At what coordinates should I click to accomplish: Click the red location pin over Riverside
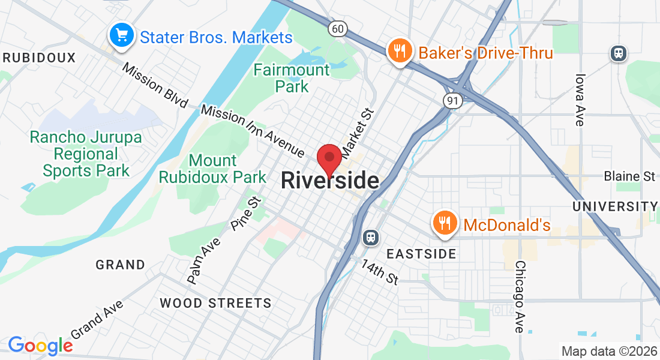pos(329,158)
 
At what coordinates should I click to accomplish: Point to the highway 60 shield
pos(337,28)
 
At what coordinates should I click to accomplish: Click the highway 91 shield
pos(452,101)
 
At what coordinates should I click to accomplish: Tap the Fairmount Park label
pos(292,78)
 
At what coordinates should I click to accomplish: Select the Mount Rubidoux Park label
pos(212,169)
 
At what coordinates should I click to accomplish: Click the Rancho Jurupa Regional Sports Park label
pos(86,154)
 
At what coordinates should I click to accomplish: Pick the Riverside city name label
pos(330,181)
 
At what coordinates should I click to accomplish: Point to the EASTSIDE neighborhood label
pos(421,254)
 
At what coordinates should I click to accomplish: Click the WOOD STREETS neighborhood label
pos(215,303)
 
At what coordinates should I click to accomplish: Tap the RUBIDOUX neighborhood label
pos(39,58)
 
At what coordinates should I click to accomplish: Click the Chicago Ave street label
pos(520,296)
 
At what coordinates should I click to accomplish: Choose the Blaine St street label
pos(629,176)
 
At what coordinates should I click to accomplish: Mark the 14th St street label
pos(380,271)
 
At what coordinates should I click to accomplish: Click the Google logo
pos(40,345)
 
